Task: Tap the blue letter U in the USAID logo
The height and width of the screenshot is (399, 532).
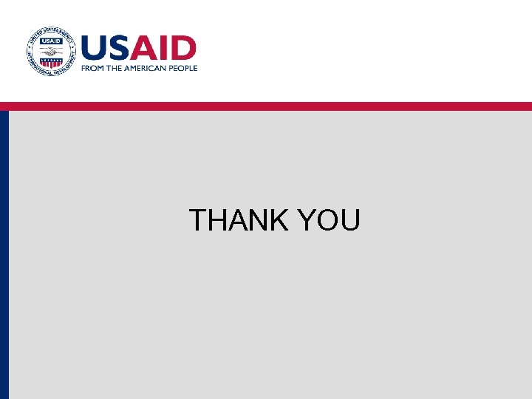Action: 95,49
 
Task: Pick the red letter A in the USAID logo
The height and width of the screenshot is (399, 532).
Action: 146,49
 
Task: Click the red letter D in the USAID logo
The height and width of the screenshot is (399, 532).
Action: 185,49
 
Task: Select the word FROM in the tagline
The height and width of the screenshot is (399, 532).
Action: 92,68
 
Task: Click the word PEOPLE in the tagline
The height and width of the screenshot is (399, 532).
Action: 183,68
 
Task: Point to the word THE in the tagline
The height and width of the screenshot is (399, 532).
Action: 115,68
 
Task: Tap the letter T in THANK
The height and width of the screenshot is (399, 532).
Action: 198,220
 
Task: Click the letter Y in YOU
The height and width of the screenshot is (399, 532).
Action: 304,220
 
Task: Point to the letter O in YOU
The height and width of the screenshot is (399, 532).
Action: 327,220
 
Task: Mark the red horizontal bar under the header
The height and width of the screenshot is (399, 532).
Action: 266,106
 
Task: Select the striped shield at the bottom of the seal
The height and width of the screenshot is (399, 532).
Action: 50,64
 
